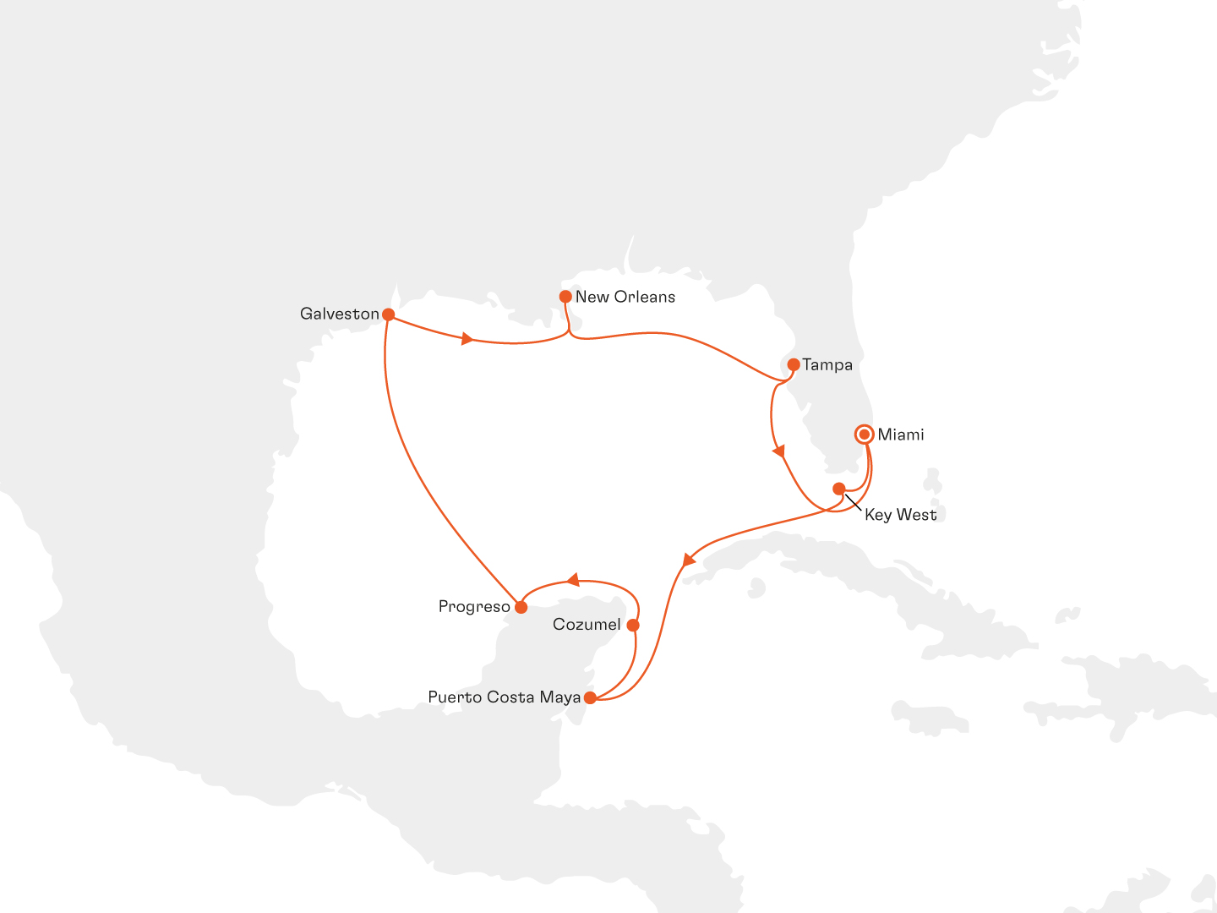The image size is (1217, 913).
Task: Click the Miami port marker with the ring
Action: (865, 435)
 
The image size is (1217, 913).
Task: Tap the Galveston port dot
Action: (389, 314)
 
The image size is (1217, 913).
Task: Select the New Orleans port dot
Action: (565, 297)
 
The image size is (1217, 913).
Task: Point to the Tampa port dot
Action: (794, 365)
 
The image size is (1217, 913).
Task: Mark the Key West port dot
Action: (838, 489)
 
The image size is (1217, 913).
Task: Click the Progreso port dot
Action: (521, 607)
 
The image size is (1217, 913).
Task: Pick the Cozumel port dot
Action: (633, 626)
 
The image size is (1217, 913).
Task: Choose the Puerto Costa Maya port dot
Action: (590, 697)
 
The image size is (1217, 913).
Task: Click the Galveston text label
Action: (340, 314)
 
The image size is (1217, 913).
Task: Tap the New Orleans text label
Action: (625, 297)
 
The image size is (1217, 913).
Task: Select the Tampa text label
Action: (827, 365)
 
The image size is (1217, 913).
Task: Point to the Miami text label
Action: (901, 435)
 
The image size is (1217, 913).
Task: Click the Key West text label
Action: (900, 515)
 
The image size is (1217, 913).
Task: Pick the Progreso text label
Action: (474, 607)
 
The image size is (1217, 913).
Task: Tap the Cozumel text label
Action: (587, 626)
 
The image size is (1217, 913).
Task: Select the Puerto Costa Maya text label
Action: (504, 697)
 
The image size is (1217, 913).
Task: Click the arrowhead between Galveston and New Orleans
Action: (466, 339)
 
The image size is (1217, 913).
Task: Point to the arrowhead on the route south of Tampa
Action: (778, 452)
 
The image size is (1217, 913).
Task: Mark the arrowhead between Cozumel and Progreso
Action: (573, 580)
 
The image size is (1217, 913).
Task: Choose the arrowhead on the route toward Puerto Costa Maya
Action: (688, 560)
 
